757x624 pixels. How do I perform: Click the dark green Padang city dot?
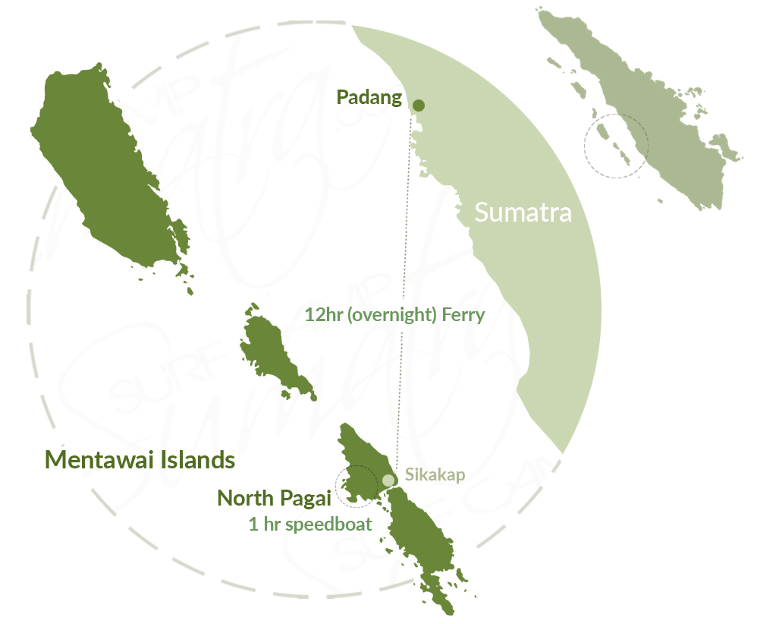[x=419, y=106]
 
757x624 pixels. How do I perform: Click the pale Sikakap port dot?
[x=388, y=480]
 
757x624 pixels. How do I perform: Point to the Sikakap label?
[x=435, y=474]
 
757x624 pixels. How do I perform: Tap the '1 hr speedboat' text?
[x=310, y=524]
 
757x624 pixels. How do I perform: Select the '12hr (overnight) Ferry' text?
[x=394, y=314]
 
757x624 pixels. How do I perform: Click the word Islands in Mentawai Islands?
[x=194, y=460]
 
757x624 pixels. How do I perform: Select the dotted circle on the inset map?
[x=616, y=145]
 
